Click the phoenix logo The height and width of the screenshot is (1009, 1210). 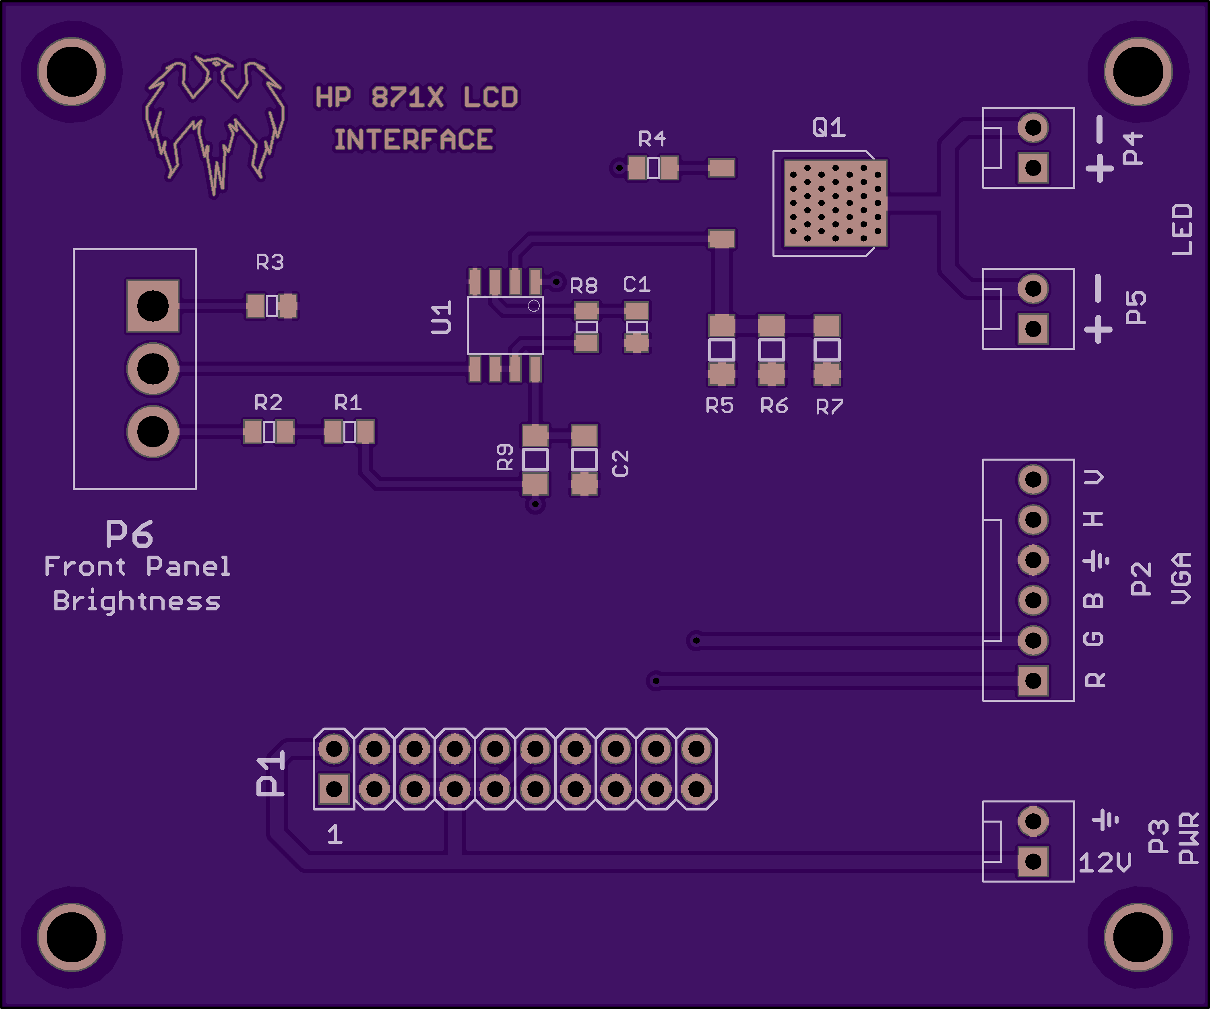point(214,124)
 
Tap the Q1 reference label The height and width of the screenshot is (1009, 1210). point(828,127)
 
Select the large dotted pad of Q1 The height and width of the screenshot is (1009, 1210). point(835,203)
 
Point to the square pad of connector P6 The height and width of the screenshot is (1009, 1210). point(153,306)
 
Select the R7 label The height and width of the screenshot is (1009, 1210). point(829,407)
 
